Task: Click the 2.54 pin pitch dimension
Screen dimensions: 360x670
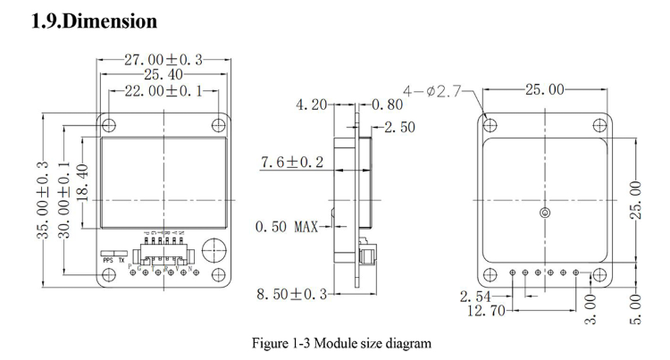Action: pyautogui.click(x=476, y=295)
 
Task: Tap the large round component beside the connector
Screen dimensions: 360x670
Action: pyautogui.click(x=212, y=250)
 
